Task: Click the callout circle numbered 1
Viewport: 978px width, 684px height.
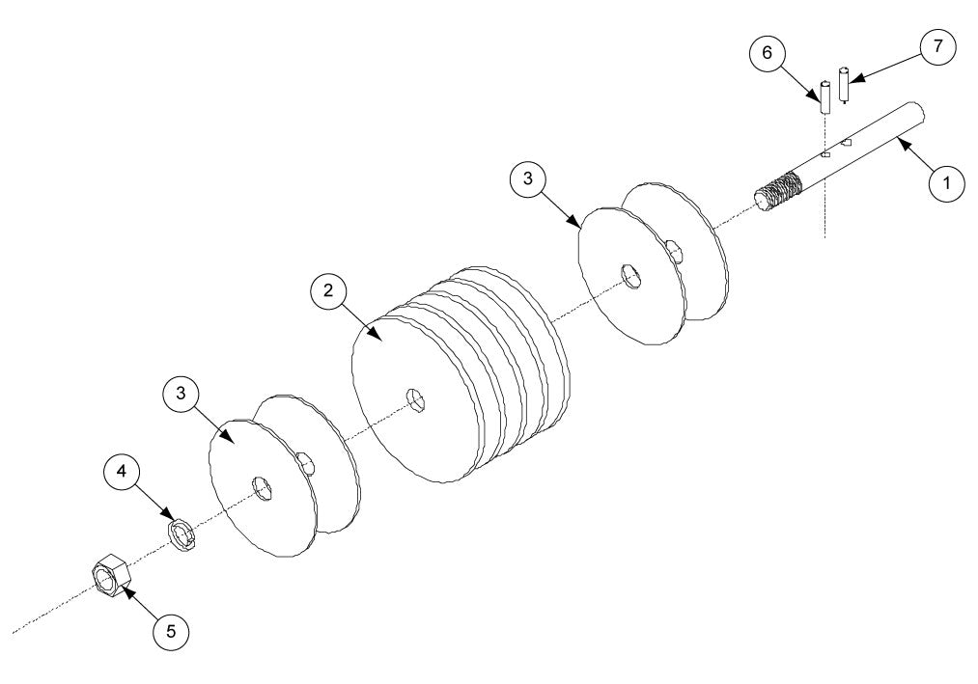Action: click(947, 183)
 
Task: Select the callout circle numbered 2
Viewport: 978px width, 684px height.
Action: click(328, 290)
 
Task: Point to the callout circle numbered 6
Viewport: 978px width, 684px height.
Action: click(768, 53)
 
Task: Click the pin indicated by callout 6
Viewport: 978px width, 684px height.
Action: click(825, 98)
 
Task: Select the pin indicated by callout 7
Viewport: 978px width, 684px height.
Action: click(845, 84)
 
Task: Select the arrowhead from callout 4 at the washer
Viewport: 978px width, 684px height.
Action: click(172, 521)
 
